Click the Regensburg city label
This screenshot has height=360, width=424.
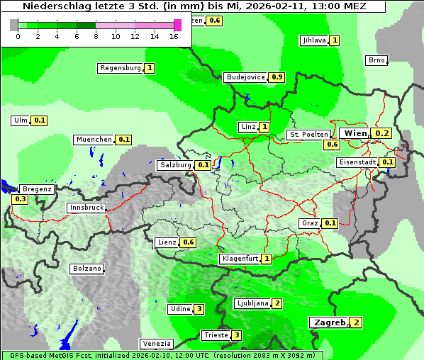click(x=120, y=68)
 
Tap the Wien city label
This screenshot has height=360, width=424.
click(x=355, y=133)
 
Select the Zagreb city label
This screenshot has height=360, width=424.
click(x=329, y=322)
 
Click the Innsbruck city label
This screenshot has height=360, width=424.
click(x=87, y=208)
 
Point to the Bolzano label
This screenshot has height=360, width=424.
click(x=87, y=269)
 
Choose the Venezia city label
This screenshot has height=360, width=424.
click(x=156, y=343)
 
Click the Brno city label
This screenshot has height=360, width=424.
click(x=376, y=60)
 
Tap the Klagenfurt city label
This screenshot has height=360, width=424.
click(x=240, y=259)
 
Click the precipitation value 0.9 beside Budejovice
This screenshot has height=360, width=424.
click(x=277, y=77)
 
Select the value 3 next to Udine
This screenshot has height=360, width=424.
click(x=199, y=309)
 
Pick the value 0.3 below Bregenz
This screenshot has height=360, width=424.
click(x=20, y=199)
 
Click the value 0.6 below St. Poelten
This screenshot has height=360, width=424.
click(x=332, y=145)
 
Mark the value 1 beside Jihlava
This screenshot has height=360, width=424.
click(x=334, y=40)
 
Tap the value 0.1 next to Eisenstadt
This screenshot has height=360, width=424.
click(x=388, y=162)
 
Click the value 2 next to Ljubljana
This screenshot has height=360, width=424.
click(x=277, y=303)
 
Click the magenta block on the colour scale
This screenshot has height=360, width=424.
click(x=177, y=25)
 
